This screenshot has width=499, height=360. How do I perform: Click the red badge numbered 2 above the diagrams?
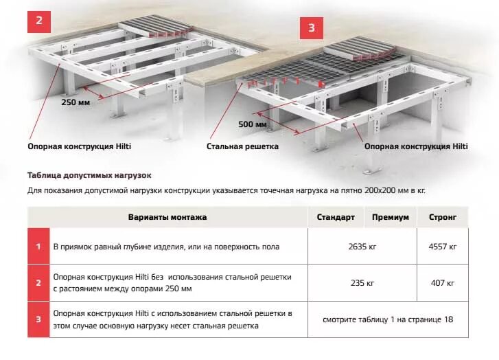tap(38, 20)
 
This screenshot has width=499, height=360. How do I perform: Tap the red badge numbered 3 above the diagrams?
tap(311, 28)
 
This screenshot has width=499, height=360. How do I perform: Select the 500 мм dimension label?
tap(252, 124)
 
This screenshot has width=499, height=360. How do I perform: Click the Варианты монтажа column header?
tap(167, 217)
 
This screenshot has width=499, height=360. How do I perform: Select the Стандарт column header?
tap(336, 217)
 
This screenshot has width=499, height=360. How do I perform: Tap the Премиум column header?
tap(391, 217)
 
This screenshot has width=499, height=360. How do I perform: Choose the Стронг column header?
tap(443, 217)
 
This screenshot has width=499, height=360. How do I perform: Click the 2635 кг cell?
tap(362, 247)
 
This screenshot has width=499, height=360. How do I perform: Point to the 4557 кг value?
tap(443, 247)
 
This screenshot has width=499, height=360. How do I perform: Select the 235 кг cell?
tap(362, 282)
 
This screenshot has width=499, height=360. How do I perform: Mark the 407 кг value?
tap(443, 282)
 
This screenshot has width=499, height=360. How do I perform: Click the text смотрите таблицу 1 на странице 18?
tap(388, 319)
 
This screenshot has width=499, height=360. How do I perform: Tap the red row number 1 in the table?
tap(38, 247)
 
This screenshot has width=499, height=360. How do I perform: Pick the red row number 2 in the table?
tap(38, 282)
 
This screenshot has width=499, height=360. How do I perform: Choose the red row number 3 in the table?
tap(38, 319)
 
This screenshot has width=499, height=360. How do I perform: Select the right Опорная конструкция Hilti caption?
tap(416, 146)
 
